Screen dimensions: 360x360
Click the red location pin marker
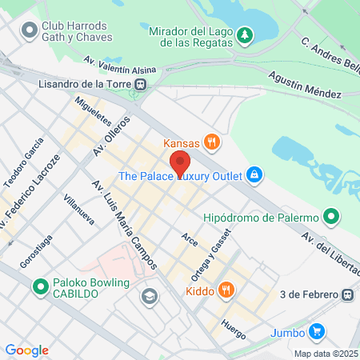(181, 163)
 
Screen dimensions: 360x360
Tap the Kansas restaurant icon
(212, 142)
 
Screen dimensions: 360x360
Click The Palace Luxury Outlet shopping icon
(254, 174)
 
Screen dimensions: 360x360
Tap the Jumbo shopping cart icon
(318, 331)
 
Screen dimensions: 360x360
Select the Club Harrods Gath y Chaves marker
(30, 30)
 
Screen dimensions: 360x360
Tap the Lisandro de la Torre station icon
(141, 83)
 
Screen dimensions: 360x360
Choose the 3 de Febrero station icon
(347, 294)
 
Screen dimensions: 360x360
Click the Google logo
(27, 350)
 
